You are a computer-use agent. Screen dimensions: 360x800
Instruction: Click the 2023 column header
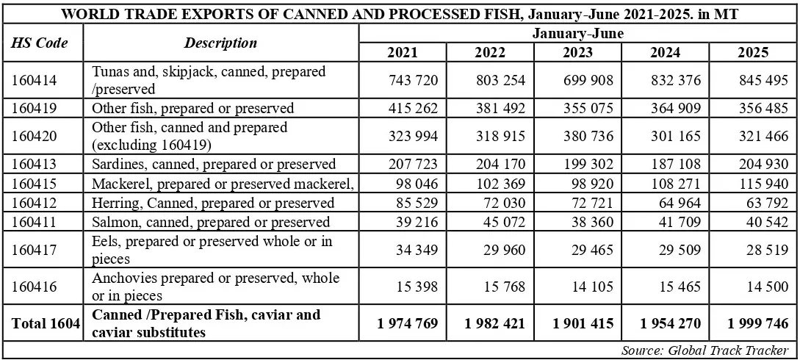[x=577, y=52]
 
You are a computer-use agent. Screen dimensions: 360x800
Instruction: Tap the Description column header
[x=220, y=43]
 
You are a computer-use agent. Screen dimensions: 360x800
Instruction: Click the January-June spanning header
[x=577, y=33]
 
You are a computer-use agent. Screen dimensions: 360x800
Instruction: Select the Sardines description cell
[x=214, y=164]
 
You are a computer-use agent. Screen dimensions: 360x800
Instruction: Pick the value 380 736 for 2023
[x=585, y=136]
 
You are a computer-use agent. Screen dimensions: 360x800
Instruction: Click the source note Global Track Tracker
[x=704, y=350]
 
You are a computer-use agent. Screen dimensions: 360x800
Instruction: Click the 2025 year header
[x=753, y=52]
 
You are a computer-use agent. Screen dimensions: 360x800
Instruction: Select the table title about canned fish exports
[x=399, y=14]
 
